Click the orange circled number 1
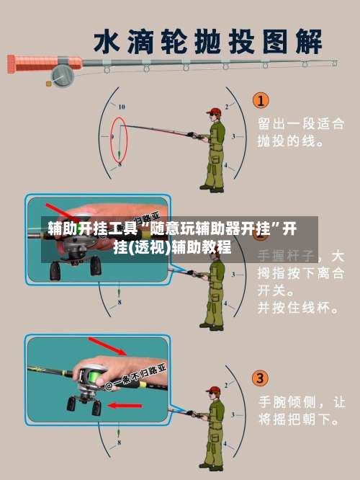tap(260, 100)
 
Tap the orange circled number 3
tap(260, 377)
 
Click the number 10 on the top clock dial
tap(121, 106)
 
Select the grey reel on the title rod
tap(63, 73)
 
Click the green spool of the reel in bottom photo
tap(91, 375)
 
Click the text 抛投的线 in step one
tap(290, 141)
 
